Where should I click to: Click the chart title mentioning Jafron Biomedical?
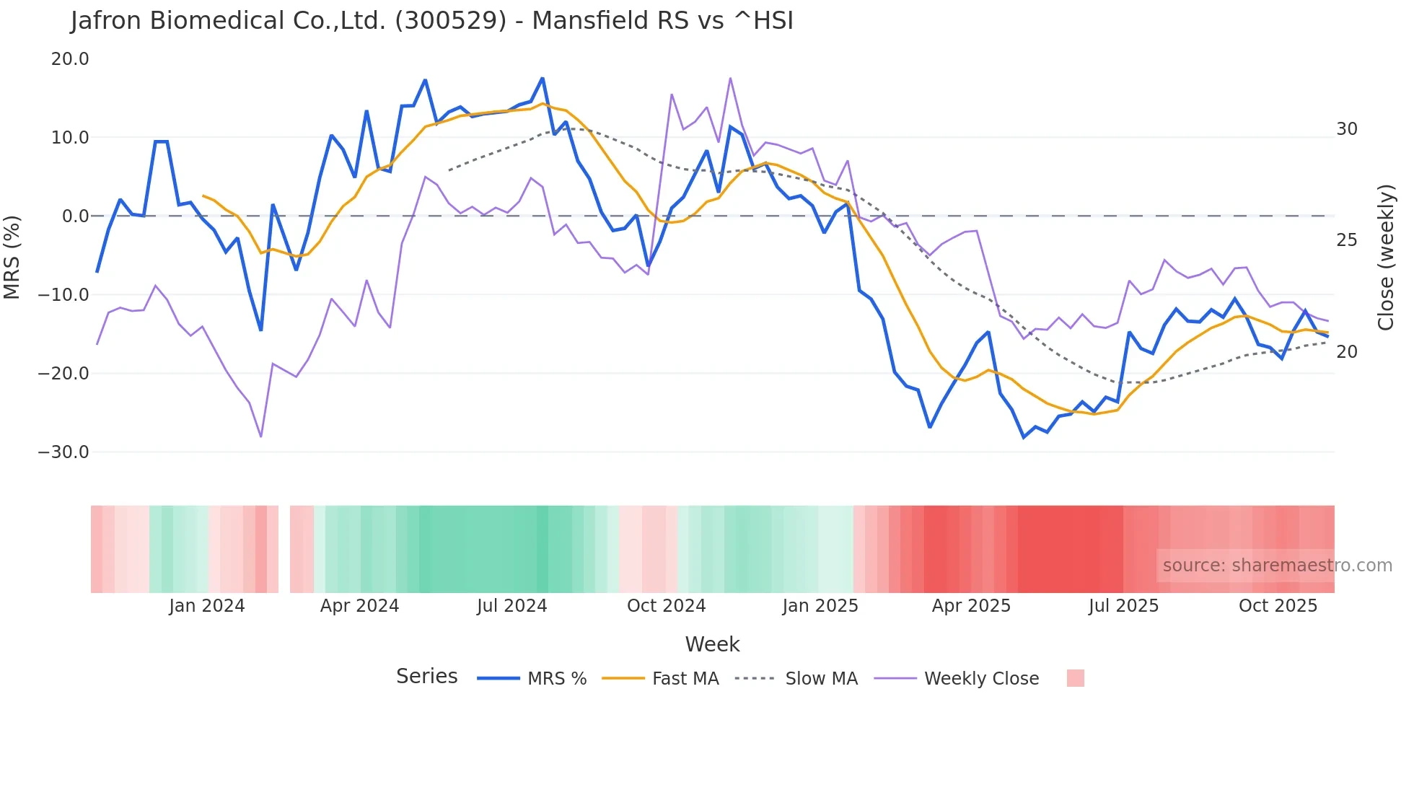[x=431, y=21]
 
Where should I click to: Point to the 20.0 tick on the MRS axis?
[x=70, y=59]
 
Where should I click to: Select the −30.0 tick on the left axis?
[x=64, y=452]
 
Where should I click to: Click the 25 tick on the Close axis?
[x=1346, y=240]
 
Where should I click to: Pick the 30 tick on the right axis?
[x=1346, y=129]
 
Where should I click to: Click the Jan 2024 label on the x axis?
[x=207, y=606]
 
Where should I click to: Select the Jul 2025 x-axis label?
[x=1123, y=606]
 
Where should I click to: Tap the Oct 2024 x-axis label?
[x=666, y=606]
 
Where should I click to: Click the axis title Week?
[x=712, y=644]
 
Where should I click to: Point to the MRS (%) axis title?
[x=12, y=257]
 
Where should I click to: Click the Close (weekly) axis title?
[x=1386, y=258]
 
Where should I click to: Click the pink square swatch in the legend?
[x=1075, y=678]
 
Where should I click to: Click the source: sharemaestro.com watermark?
[x=1277, y=566]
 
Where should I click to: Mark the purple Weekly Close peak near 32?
[x=730, y=78]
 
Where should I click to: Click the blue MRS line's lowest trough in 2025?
[x=1023, y=437]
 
